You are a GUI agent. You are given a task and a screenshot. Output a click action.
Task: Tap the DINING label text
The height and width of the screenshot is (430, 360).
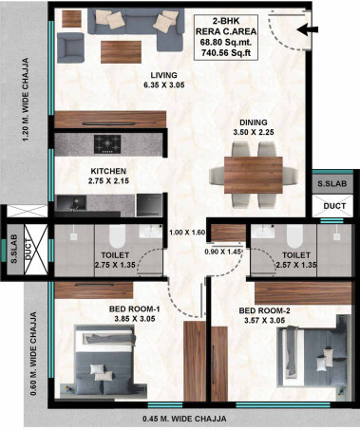click(254, 122)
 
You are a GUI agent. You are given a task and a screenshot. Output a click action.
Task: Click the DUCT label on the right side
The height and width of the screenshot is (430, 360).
click(332, 204)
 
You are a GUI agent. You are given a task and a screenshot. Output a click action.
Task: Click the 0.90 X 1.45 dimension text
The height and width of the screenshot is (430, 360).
click(223, 252)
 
